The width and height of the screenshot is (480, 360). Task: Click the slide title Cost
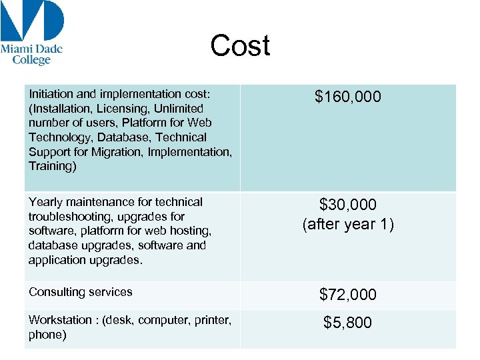tap(240, 46)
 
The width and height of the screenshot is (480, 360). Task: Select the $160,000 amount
tap(348, 97)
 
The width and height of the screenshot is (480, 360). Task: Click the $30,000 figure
tap(348, 205)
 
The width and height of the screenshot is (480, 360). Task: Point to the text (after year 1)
tap(348, 225)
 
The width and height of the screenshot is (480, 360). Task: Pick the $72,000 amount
tap(348, 295)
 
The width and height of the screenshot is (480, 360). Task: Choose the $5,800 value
tap(348, 323)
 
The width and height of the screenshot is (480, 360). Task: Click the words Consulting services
tap(81, 292)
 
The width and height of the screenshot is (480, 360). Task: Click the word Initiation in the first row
tap(49, 94)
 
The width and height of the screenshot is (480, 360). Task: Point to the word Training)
tap(53, 166)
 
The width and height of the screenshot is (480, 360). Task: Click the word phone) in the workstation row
tap(47, 335)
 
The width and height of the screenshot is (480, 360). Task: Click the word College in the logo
tap(32, 60)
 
